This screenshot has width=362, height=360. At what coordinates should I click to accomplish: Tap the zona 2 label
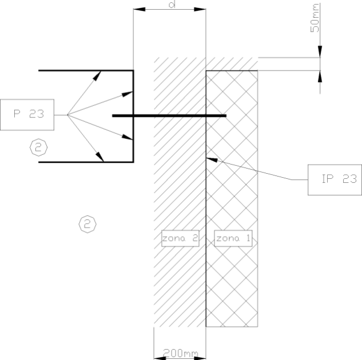click(x=180, y=238)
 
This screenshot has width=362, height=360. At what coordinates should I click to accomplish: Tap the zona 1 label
click(x=233, y=238)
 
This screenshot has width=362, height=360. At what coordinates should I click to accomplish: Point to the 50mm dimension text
click(x=315, y=18)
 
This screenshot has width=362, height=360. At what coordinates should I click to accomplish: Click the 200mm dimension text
click(x=180, y=353)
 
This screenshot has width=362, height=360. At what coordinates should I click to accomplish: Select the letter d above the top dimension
click(x=172, y=4)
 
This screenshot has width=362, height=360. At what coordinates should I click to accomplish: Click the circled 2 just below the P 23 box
click(x=39, y=148)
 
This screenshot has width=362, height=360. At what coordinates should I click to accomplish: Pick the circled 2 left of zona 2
click(x=87, y=224)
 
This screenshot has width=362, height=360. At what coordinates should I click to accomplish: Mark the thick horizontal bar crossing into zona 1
click(x=169, y=116)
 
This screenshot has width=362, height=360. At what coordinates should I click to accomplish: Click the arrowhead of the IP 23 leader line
click(x=211, y=159)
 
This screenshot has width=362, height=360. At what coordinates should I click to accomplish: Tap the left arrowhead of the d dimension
click(x=140, y=10)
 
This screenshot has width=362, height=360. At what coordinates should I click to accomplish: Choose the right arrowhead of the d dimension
click(x=200, y=10)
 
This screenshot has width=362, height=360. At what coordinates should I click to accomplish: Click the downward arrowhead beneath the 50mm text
click(x=320, y=51)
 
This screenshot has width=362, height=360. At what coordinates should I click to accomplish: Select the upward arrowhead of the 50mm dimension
click(x=320, y=76)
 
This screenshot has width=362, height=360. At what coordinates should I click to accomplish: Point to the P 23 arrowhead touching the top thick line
click(x=97, y=75)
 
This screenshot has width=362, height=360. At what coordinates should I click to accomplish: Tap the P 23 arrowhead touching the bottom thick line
click(x=100, y=157)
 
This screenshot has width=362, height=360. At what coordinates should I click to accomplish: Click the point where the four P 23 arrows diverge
click(x=67, y=115)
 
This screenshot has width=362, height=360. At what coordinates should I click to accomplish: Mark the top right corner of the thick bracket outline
click(x=133, y=70)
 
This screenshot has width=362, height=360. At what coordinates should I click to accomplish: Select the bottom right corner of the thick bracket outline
click(x=133, y=162)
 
